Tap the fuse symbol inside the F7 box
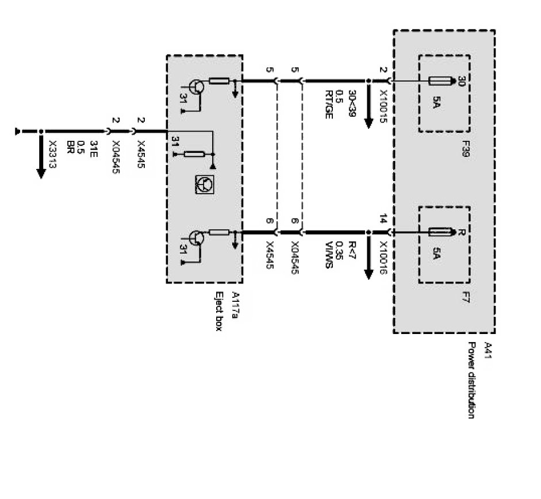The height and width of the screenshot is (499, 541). [443, 232]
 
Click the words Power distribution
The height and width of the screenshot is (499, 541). [471, 380]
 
